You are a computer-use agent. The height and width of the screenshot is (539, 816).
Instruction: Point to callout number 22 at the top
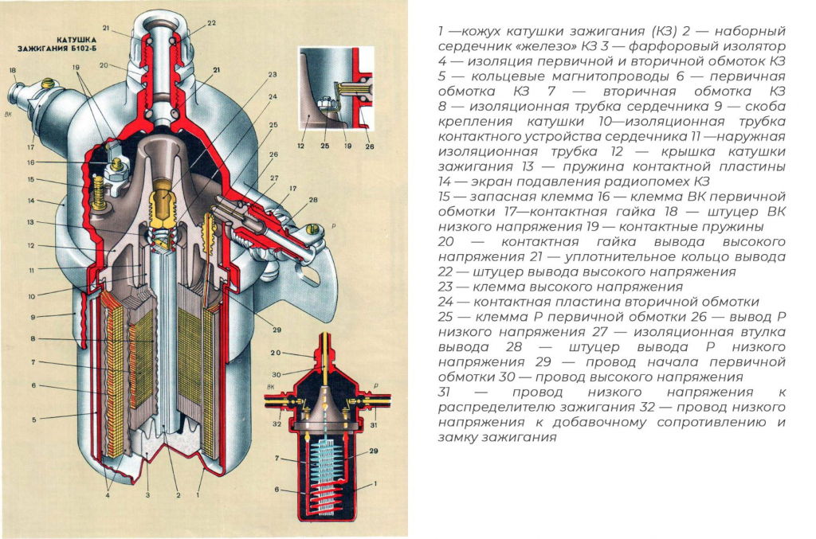click(x=211, y=23)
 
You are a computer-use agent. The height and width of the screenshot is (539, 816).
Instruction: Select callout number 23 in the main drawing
click(x=273, y=75)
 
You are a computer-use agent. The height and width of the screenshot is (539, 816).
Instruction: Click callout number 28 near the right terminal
click(x=312, y=199)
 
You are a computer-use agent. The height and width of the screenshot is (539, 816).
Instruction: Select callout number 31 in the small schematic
click(x=375, y=424)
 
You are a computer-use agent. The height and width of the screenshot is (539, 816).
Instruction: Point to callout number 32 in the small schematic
click(x=277, y=424)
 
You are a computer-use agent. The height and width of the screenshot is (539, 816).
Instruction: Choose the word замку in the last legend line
click(x=461, y=437)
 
